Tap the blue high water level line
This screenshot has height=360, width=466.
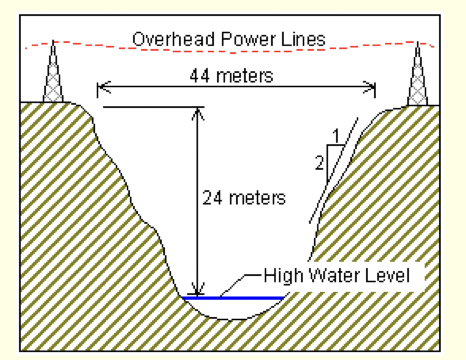pos(236,297)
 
